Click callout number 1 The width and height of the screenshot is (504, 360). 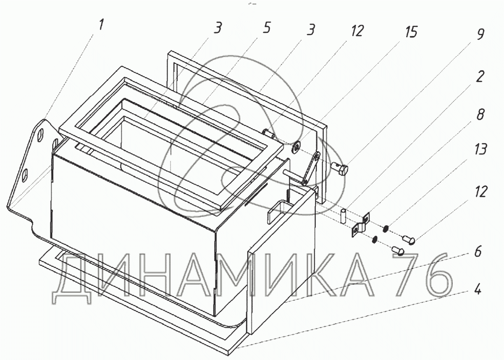[102, 24]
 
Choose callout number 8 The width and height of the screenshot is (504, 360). [480, 114]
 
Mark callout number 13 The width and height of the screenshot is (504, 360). [480, 149]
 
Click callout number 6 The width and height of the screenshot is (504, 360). [478, 251]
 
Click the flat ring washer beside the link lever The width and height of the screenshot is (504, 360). [296, 148]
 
